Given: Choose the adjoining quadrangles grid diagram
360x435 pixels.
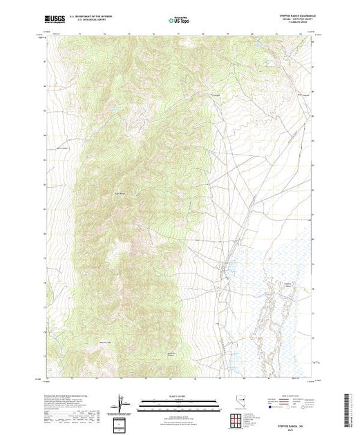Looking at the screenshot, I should pyautogui.click(x=235, y=418).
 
